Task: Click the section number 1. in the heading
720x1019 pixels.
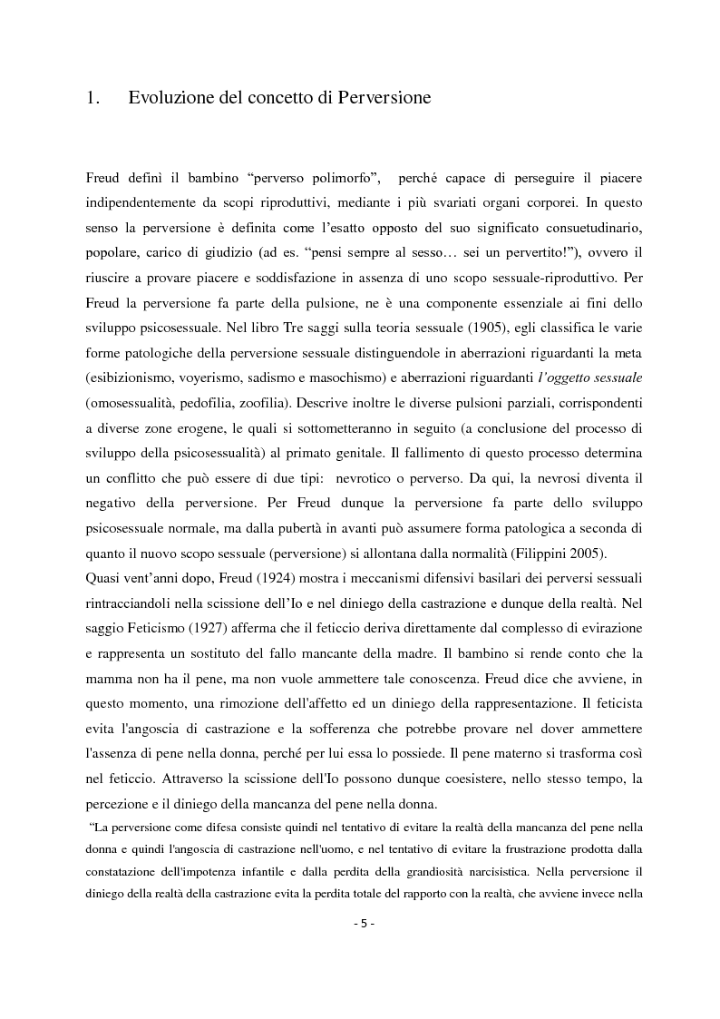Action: (92, 98)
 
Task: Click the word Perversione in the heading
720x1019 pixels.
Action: (381, 98)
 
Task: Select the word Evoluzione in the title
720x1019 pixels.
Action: (172, 98)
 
